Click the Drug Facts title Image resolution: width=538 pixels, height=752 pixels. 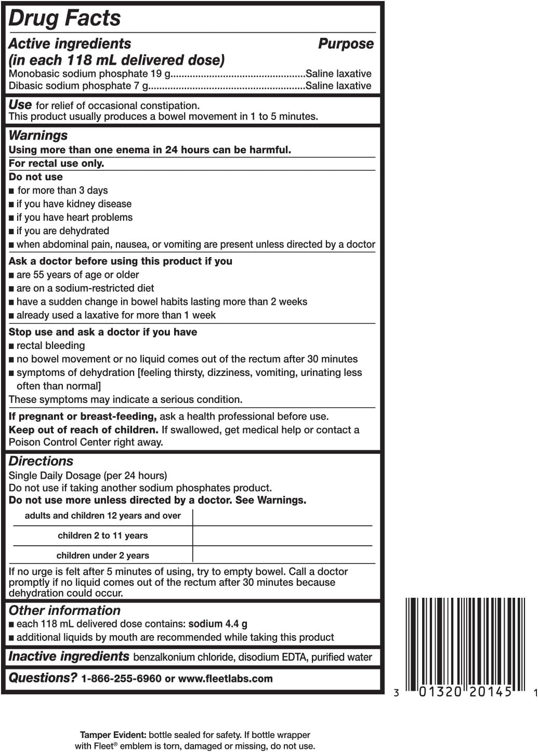coord(65,18)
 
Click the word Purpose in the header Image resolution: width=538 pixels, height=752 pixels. coord(346,44)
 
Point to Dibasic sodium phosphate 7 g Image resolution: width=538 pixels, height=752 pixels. coord(78,86)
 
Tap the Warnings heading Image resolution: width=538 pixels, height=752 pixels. coord(38,135)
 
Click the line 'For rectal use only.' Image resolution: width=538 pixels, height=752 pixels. coord(56,163)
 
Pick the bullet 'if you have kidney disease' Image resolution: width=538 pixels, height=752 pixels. coord(74,204)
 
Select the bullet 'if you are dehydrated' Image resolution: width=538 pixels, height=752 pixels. coord(63,231)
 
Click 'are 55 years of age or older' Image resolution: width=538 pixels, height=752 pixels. coord(77,275)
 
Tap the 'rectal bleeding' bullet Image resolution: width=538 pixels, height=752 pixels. coord(50,346)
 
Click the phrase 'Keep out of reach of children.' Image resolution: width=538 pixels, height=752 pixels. coord(83,430)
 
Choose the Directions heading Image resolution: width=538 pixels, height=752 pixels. coord(41,461)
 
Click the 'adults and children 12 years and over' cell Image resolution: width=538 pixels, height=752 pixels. coord(102,516)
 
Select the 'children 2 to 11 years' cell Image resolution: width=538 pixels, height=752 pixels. coord(102,535)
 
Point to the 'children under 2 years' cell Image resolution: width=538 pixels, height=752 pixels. coord(102,555)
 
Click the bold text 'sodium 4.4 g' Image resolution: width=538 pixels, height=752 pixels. coord(218,624)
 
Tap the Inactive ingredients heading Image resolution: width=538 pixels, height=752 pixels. coord(69,656)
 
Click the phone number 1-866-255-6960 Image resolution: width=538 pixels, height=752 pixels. coord(121,679)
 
